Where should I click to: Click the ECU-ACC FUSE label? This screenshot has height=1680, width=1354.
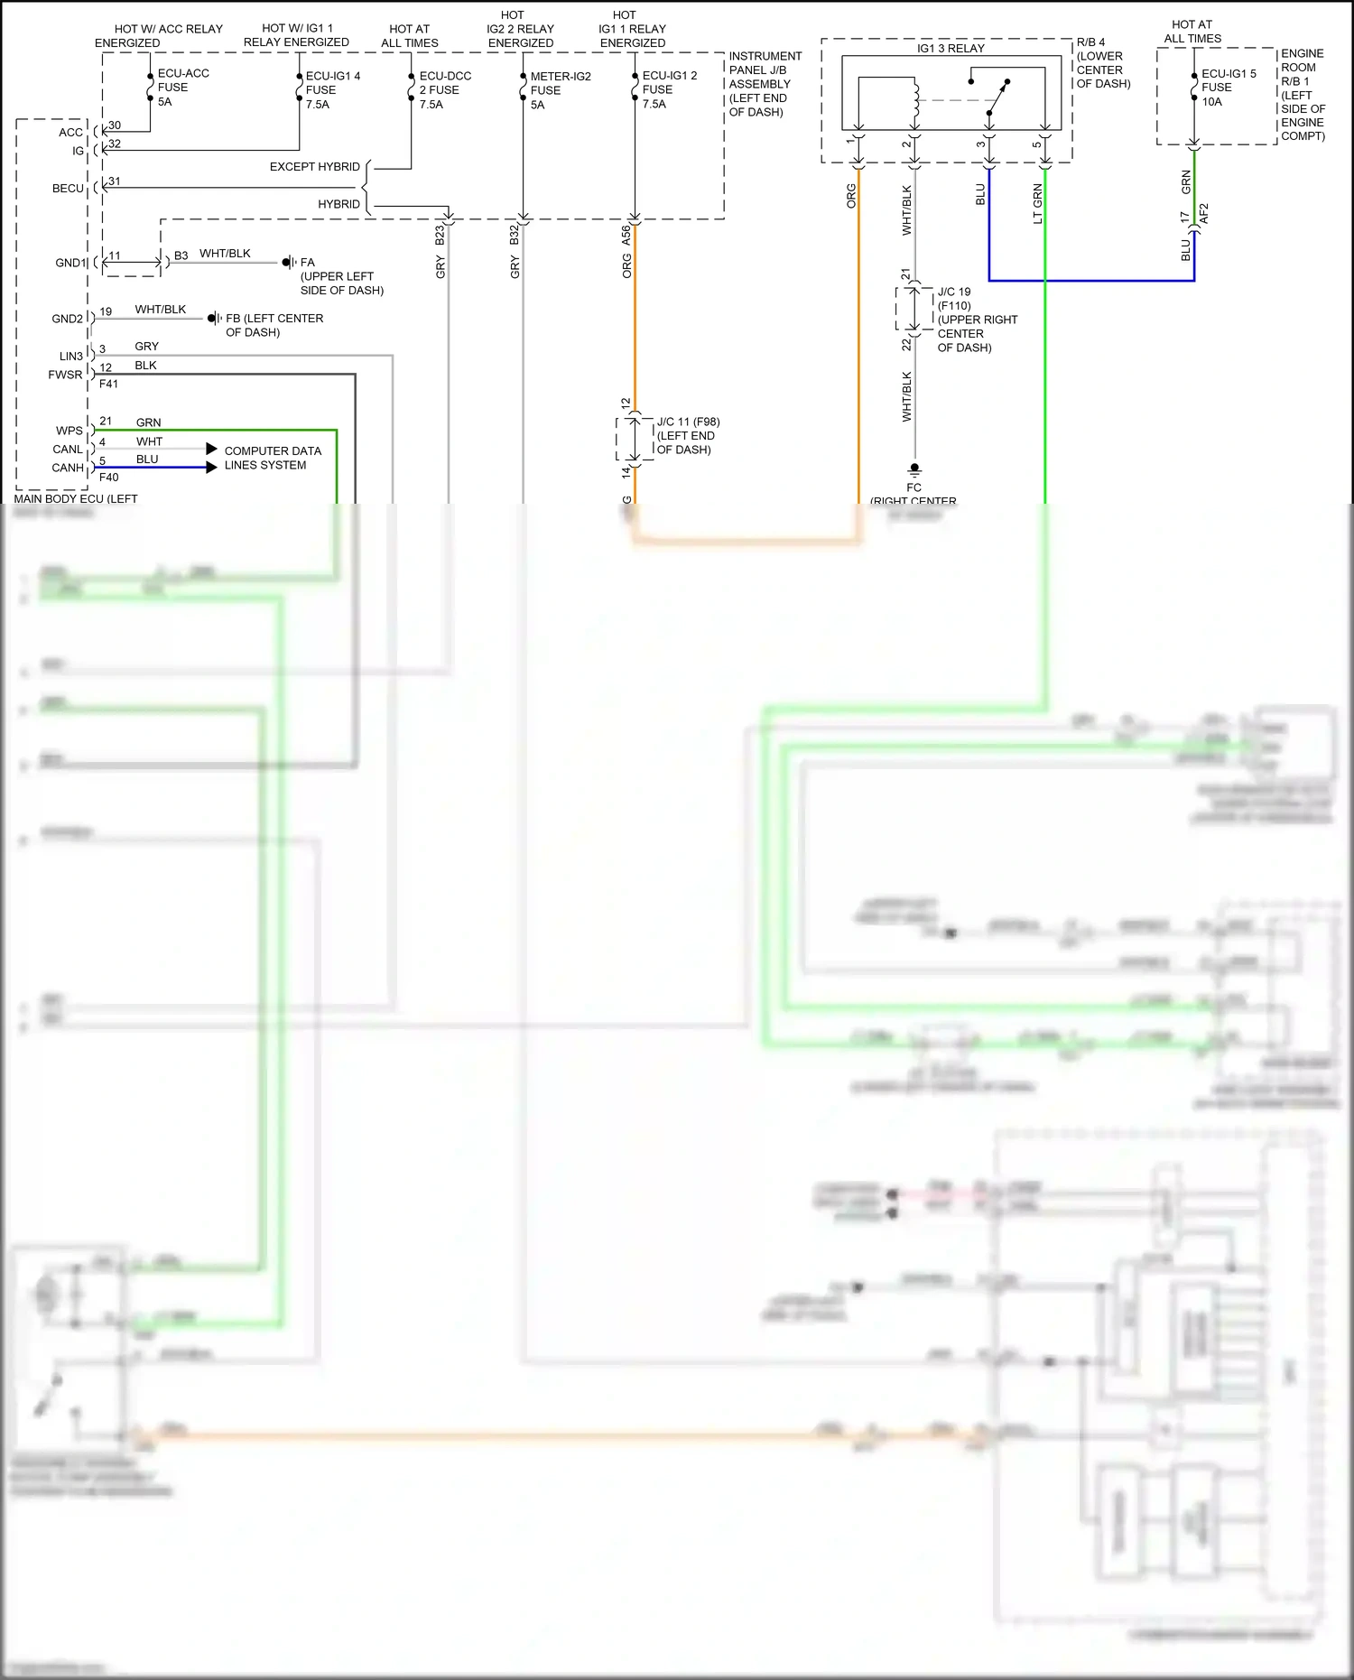pos(182,88)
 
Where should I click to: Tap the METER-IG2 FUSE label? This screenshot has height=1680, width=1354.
pos(560,90)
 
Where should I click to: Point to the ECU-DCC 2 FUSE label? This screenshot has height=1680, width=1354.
pos(444,89)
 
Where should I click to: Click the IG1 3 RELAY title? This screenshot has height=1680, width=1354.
pos(950,48)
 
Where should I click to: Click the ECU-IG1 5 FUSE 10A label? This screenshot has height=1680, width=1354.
pos(1228,88)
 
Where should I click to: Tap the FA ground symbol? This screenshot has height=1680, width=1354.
pos(288,263)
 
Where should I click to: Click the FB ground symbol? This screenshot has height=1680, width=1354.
pos(214,319)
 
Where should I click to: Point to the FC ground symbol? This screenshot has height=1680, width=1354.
pos(914,469)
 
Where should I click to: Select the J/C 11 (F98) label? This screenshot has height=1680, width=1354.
pos(688,422)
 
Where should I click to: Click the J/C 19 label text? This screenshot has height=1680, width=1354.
pos(953,292)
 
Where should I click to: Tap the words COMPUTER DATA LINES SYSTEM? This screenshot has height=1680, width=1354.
pos(272,458)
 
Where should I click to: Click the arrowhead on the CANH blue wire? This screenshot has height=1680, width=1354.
pos(211,467)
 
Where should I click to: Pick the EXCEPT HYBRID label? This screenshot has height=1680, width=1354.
pos(314,167)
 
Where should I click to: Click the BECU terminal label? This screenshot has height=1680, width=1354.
pos(68,189)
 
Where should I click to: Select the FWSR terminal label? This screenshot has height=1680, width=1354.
pos(65,375)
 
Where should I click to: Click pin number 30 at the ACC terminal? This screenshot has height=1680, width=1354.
pos(115,125)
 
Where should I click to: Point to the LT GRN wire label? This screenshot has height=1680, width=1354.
pos(1037,204)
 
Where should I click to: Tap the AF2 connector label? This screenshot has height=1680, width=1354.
pos(1203,215)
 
